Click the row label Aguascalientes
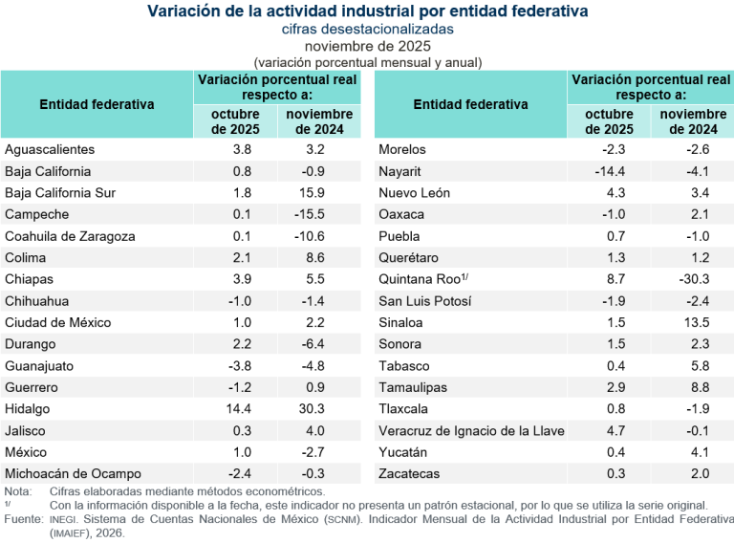(x=50, y=149)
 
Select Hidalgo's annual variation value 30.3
(x=316, y=408)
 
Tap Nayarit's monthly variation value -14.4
(x=609, y=171)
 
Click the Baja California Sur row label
(x=60, y=192)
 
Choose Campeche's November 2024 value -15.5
(x=316, y=214)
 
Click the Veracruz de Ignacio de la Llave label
(x=471, y=430)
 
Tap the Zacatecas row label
(x=409, y=473)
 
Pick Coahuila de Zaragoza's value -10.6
(x=316, y=236)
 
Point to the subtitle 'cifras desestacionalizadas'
(x=367, y=30)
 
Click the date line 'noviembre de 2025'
(x=367, y=46)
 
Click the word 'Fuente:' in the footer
(x=23, y=517)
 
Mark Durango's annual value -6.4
(x=316, y=344)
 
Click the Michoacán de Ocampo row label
(x=73, y=473)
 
